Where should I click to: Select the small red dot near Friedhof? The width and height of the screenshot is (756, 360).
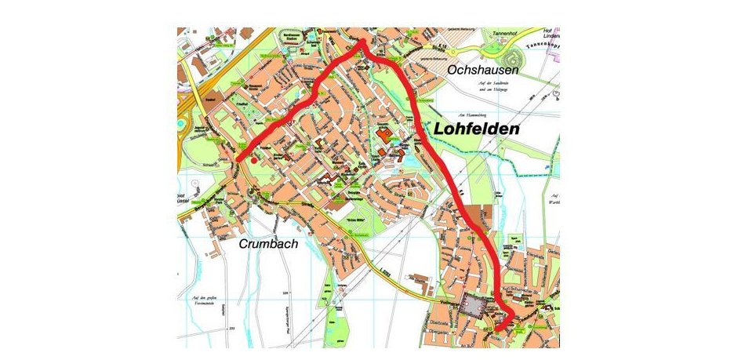pos(253,158)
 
